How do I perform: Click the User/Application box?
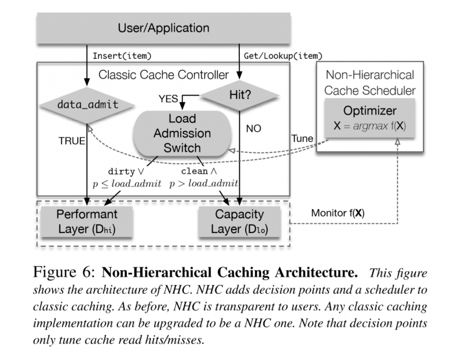163,28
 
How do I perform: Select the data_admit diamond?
88,105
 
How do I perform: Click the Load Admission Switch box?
182,133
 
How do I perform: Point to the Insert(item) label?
122,55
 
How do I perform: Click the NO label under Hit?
253,129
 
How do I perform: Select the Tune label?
302,139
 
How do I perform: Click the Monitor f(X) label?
338,213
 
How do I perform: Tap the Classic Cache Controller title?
163,75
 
